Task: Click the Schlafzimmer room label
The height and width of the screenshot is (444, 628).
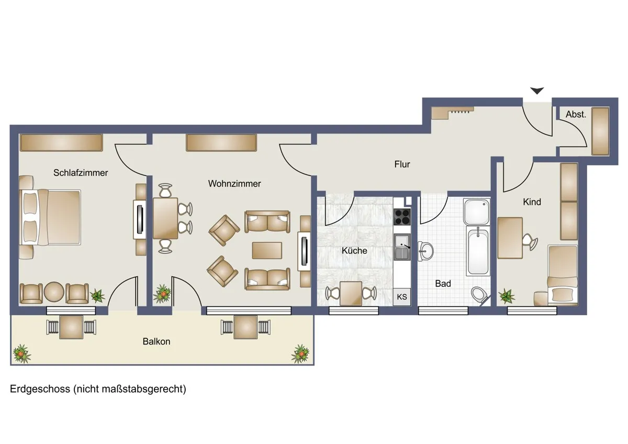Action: pyautogui.click(x=81, y=173)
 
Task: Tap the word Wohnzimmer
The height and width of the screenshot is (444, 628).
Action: pyautogui.click(x=234, y=184)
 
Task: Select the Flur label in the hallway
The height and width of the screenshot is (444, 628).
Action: pyautogui.click(x=402, y=164)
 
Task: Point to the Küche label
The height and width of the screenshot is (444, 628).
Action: pyautogui.click(x=354, y=250)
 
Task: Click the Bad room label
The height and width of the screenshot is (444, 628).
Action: pyautogui.click(x=443, y=284)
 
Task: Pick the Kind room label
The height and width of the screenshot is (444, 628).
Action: pyautogui.click(x=532, y=202)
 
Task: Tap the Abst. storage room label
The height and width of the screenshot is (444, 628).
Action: pyautogui.click(x=576, y=114)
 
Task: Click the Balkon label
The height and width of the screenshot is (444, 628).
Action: pyautogui.click(x=156, y=341)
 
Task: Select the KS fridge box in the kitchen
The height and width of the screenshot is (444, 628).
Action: pyautogui.click(x=402, y=297)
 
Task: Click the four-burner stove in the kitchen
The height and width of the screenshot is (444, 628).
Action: pyautogui.click(x=402, y=217)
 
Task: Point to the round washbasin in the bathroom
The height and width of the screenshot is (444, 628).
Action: pyautogui.click(x=425, y=251)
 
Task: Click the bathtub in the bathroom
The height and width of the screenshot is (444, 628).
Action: pyautogui.click(x=478, y=251)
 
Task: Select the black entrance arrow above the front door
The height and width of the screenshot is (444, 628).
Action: pyautogui.click(x=537, y=91)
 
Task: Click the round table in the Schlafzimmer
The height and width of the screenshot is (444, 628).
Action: pyautogui.click(x=54, y=292)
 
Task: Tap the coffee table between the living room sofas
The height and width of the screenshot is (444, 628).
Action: pyautogui.click(x=267, y=250)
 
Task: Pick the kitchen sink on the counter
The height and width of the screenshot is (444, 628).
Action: pyautogui.click(x=402, y=247)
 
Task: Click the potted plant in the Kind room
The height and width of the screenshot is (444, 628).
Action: pyautogui.click(x=507, y=296)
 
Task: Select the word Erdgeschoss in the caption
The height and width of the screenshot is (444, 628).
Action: pyautogui.click(x=40, y=390)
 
